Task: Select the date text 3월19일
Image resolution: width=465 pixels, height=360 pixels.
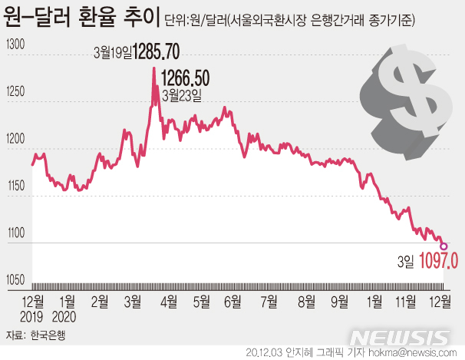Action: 112,53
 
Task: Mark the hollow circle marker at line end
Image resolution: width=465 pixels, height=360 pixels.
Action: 444,246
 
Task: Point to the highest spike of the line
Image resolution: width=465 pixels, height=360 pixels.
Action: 153,68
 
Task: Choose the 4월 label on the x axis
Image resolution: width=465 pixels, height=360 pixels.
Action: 167,301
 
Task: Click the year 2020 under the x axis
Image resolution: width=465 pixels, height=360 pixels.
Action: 67,315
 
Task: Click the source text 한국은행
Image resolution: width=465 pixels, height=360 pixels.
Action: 50,335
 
